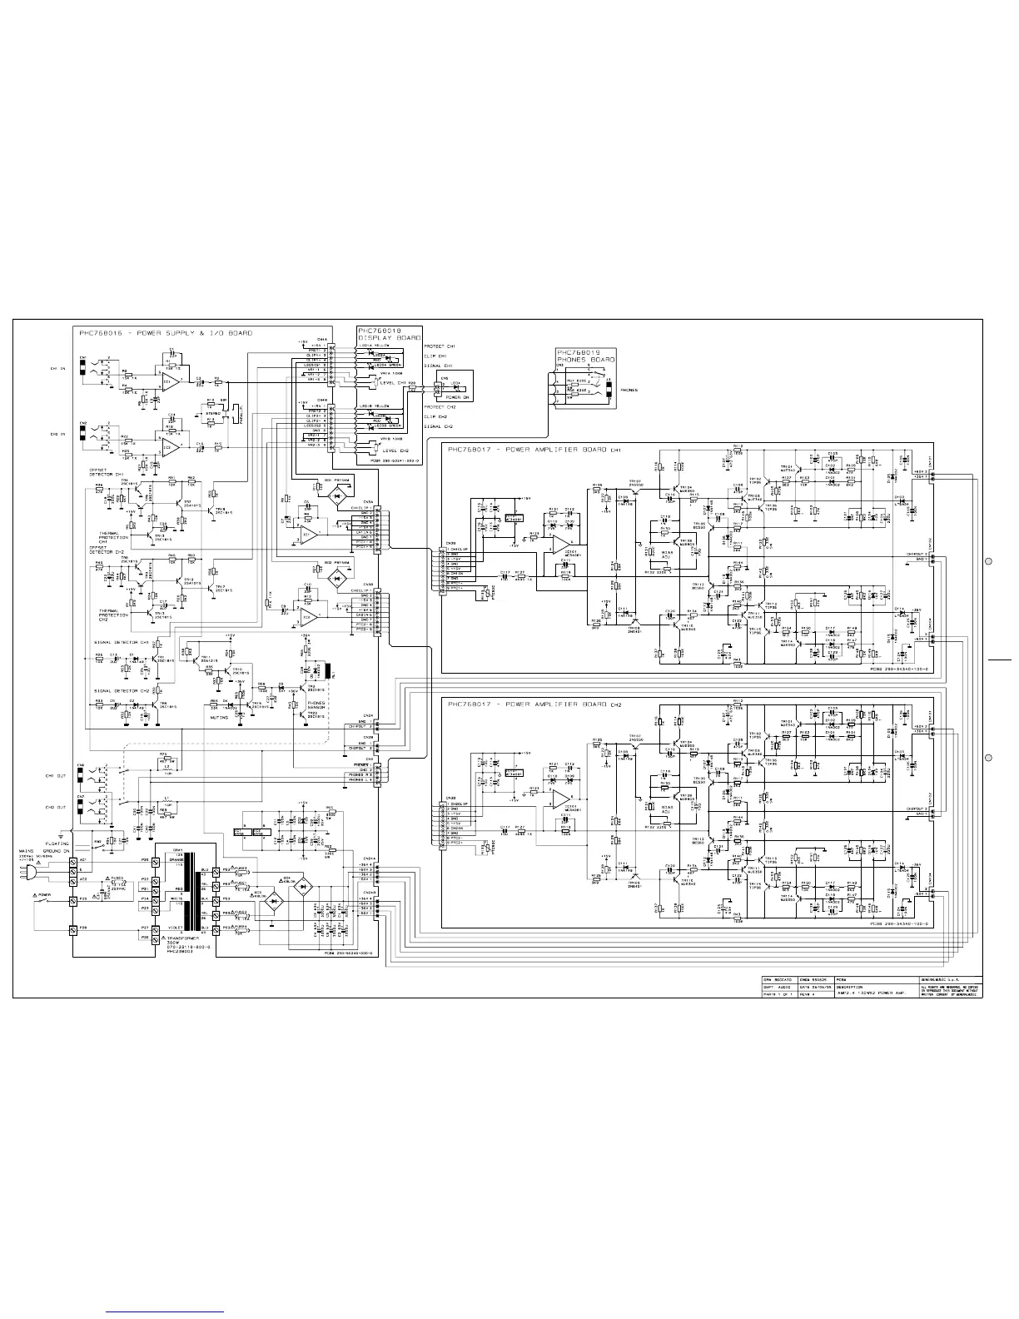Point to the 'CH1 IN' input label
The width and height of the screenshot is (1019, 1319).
click(x=57, y=367)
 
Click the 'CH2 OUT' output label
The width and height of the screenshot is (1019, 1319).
click(x=55, y=807)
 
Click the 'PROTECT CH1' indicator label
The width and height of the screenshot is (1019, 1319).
click(x=440, y=346)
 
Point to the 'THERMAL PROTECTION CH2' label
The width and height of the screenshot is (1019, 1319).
click(x=111, y=614)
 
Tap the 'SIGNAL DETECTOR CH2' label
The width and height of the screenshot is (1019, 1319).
click(x=122, y=690)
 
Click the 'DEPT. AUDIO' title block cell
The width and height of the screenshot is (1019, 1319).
click(x=779, y=987)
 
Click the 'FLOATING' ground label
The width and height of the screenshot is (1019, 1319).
click(x=57, y=844)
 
